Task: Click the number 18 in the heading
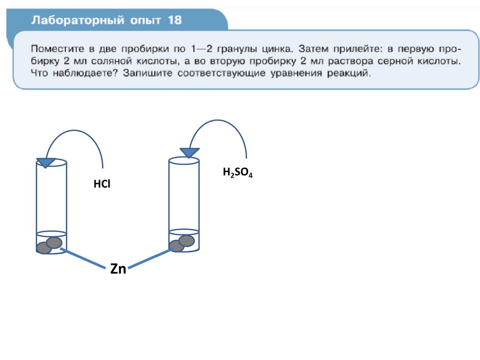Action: pyautogui.click(x=173, y=21)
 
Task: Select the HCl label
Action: pyautogui.click(x=101, y=184)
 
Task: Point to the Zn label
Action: pyautogui.click(x=118, y=269)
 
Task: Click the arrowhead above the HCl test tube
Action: pyautogui.click(x=45, y=162)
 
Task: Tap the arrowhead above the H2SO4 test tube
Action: pyautogui.click(x=190, y=152)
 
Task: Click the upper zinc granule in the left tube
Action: pyautogui.click(x=54, y=242)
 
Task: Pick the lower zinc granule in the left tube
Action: pyautogui.click(x=44, y=248)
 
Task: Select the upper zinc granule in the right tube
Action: pyautogui.click(x=187, y=240)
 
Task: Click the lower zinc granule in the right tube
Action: pyautogui.click(x=176, y=246)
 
